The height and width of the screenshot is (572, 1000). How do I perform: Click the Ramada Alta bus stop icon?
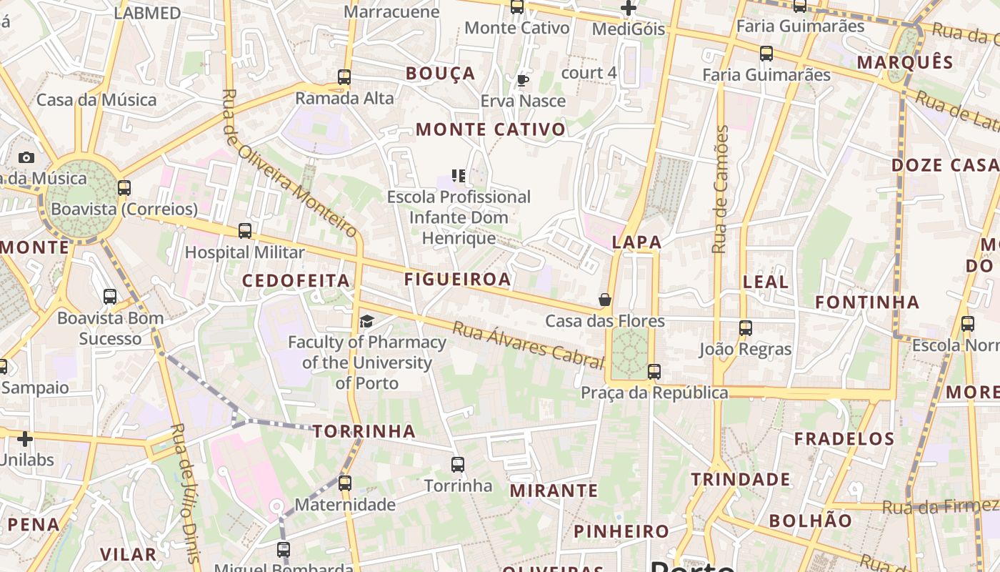point(344,77)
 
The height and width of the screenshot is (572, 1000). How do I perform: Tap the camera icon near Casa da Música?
point(26,157)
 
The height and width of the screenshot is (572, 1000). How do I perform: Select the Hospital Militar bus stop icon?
point(245,231)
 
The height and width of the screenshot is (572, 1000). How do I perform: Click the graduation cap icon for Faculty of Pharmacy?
point(366,321)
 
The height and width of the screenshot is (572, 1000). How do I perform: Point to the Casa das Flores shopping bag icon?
point(605,300)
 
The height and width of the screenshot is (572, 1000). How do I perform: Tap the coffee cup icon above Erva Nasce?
point(522,80)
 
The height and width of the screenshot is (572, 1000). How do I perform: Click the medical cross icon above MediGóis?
point(629,9)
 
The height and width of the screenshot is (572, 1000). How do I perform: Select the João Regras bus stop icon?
point(746,328)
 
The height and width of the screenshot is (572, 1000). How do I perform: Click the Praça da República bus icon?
point(654,372)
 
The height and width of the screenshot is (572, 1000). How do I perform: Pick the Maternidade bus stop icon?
point(345,483)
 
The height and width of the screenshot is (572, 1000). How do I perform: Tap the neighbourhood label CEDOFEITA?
point(296,280)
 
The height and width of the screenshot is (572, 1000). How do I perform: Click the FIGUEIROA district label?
point(458,279)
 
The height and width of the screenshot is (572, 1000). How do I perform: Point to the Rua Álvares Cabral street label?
point(529,345)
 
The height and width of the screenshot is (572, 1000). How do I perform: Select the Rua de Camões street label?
point(721,189)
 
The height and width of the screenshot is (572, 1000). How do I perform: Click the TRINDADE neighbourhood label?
point(740,479)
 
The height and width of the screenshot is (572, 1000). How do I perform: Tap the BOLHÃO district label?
point(811,520)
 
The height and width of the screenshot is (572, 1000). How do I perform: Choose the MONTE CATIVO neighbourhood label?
point(491,129)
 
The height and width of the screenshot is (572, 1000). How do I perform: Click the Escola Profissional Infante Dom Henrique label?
point(459,217)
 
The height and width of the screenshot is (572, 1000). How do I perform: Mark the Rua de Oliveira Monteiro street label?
point(289,163)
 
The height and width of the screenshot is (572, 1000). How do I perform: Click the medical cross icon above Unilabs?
point(25,438)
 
